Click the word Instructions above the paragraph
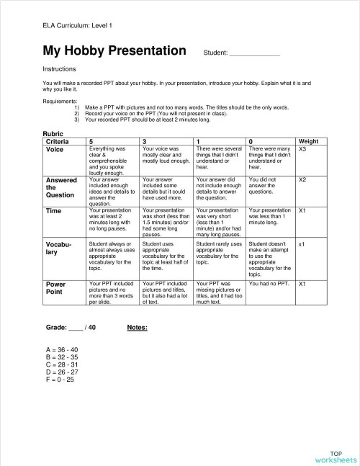click(x=60, y=70)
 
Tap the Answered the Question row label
click(x=61, y=187)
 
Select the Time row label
click(x=54, y=210)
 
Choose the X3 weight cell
click(x=302, y=149)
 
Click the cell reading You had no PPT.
click(x=269, y=284)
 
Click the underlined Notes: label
click(x=137, y=327)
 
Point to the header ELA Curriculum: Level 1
click(x=78, y=26)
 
